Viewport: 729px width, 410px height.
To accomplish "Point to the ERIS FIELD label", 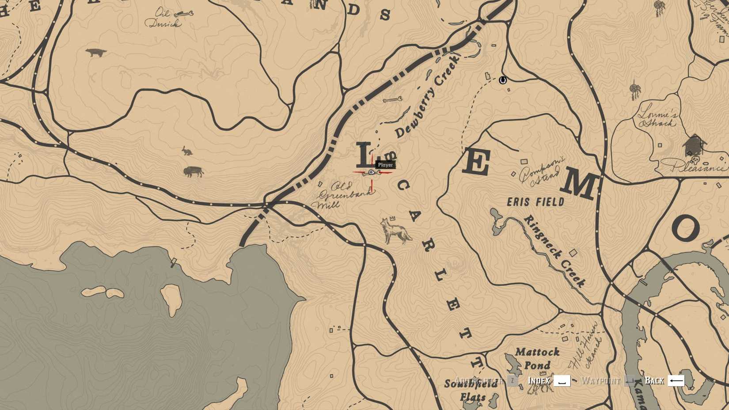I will (535, 202).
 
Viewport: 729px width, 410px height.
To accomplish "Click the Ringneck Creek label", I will (554, 251).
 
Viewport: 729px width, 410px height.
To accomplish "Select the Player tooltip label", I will (385, 165).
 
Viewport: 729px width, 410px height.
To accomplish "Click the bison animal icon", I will (193, 171).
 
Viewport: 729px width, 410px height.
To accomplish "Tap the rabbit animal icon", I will (187, 151).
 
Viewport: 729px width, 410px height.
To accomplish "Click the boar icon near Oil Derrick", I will (96, 53).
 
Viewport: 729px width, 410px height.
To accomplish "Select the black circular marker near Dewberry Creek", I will (502, 80).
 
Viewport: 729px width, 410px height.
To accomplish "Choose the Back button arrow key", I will (676, 380).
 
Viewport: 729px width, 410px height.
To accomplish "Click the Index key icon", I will (562, 380).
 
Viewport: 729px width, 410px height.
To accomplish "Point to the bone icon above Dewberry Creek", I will (392, 100).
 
